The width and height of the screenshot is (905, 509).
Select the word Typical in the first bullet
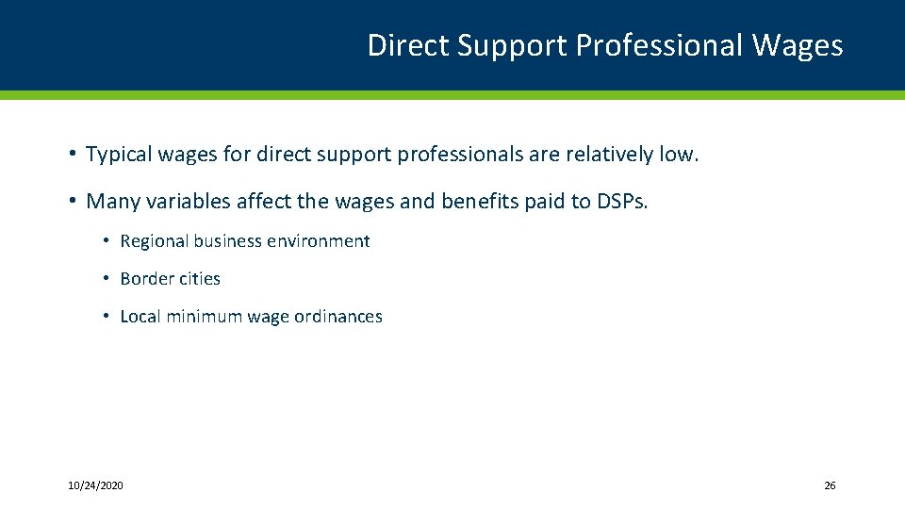pyautogui.click(x=118, y=154)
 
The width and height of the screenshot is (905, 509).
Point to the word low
pyautogui.click(x=679, y=154)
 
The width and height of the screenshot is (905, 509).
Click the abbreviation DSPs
pyautogui.click(x=623, y=201)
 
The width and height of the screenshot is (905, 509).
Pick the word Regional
pyautogui.click(x=155, y=241)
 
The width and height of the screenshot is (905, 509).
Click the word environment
pyautogui.click(x=319, y=241)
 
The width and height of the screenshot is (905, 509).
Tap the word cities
pyautogui.click(x=198, y=279)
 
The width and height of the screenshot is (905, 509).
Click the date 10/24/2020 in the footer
pyautogui.click(x=95, y=485)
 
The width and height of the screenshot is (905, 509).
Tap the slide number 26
pyautogui.click(x=830, y=485)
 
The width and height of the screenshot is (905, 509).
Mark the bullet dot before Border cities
pyautogui.click(x=107, y=279)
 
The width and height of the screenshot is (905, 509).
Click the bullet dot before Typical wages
pyautogui.click(x=72, y=154)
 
